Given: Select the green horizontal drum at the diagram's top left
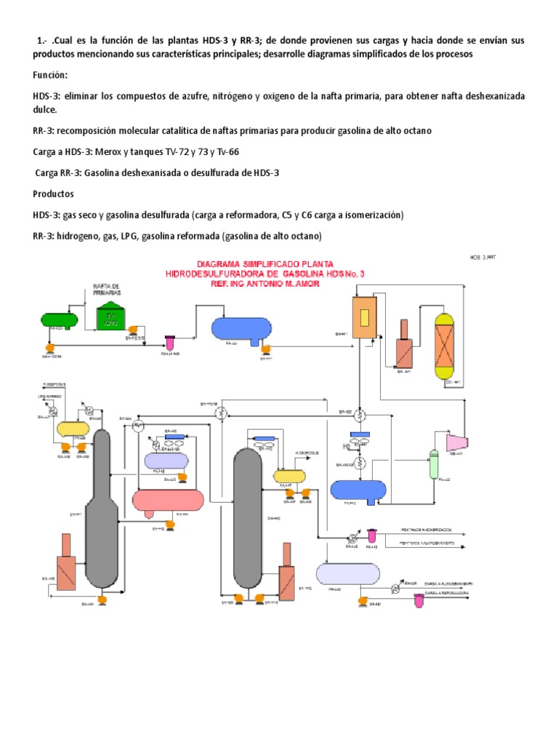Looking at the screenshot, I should coord(60,319).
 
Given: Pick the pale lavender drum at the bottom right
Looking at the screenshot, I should coord(348,574).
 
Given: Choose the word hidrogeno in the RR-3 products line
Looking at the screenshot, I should coord(87,236).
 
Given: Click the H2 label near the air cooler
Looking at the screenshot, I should coord(347,446).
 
